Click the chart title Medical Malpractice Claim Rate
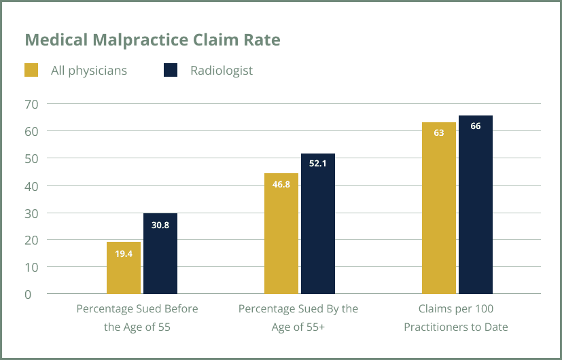click(152, 40)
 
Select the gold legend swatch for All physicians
click(31, 70)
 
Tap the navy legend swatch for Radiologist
click(171, 70)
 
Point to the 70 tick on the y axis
click(32, 104)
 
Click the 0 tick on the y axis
click(28, 294)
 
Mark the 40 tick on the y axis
click(32, 185)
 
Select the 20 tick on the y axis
click(32, 240)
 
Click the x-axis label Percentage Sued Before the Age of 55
click(137, 318)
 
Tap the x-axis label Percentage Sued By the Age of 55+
click(298, 318)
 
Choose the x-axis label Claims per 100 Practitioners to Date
click(456, 318)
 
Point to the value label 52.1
click(318, 164)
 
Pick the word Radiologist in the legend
click(222, 71)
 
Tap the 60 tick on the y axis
click(32, 131)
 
